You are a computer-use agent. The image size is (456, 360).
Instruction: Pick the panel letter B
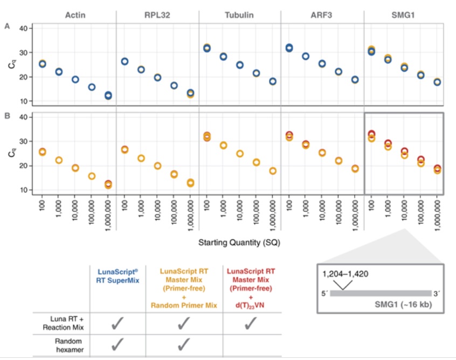coord(8,115)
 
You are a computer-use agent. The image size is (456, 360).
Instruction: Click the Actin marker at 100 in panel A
coord(42,64)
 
